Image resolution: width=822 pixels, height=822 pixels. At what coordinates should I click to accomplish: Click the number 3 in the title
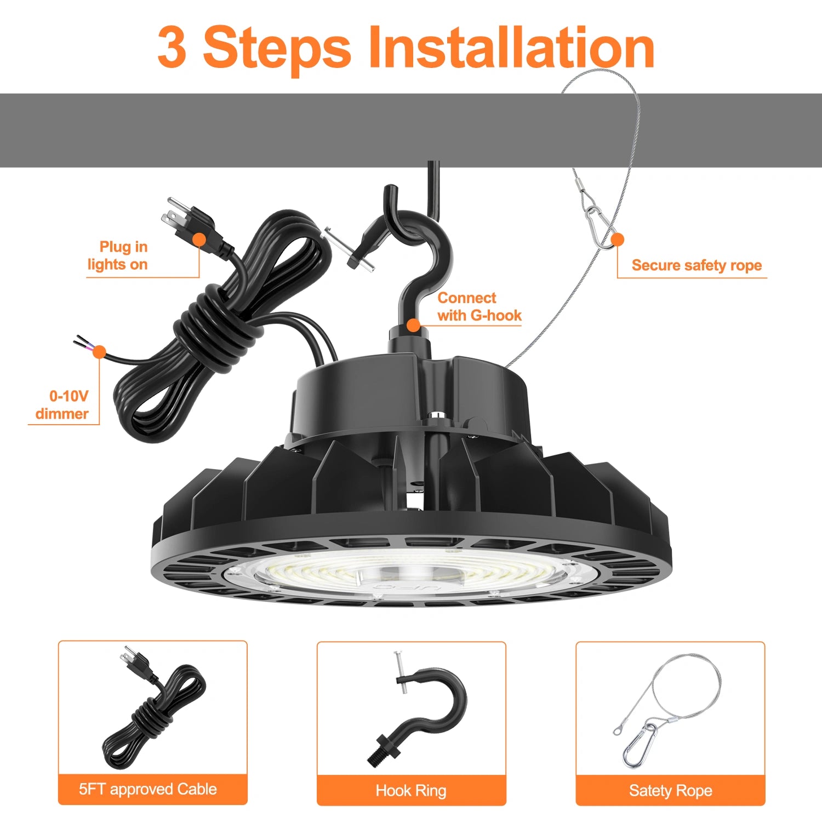click(x=172, y=48)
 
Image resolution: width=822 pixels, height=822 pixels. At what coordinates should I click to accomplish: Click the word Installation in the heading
click(x=512, y=48)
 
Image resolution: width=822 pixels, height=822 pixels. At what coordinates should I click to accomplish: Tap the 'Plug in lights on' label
click(x=118, y=255)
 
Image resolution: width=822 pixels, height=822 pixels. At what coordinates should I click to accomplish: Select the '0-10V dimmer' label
click(x=62, y=404)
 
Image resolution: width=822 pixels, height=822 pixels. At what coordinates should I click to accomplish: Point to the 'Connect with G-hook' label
click(x=478, y=306)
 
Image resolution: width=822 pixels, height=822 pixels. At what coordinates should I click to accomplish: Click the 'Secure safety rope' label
click(x=697, y=265)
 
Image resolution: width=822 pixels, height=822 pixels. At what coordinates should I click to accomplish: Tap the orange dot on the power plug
click(x=199, y=239)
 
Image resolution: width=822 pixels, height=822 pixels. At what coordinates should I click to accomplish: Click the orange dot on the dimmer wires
click(x=99, y=351)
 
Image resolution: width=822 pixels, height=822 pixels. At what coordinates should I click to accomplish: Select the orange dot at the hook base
click(x=414, y=326)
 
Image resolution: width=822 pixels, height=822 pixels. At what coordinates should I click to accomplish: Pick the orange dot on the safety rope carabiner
click(x=618, y=239)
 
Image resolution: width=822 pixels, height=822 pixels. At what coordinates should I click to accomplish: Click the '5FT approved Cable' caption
click(x=148, y=789)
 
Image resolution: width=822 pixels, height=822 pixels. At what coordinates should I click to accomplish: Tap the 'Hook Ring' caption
click(x=411, y=790)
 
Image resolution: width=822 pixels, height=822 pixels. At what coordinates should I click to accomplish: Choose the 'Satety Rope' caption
click(x=670, y=790)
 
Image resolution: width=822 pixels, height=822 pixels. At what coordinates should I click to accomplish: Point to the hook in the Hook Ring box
click(x=433, y=707)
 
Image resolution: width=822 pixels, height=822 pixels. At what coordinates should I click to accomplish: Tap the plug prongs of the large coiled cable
click(x=174, y=214)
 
